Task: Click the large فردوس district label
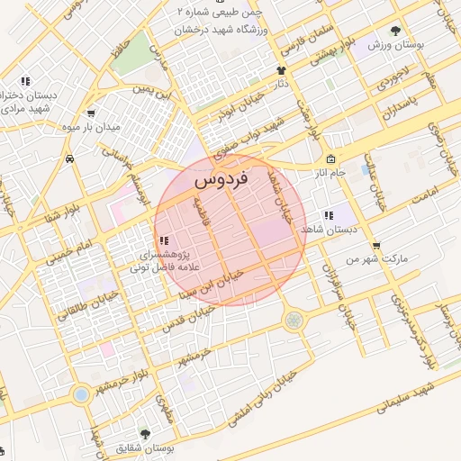[x=221, y=180]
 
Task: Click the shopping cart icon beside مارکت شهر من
[x=375, y=244]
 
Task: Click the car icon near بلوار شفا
[x=69, y=157]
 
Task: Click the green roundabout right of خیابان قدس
[x=294, y=319]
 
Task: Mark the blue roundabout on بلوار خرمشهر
[x=81, y=394]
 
